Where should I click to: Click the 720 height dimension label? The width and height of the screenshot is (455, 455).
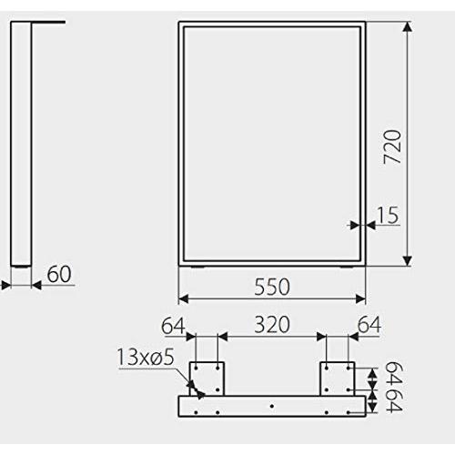393,147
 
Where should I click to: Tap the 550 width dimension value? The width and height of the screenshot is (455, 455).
272,287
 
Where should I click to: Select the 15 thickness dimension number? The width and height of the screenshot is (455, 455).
387,215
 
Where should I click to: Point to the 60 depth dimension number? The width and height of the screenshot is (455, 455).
59,274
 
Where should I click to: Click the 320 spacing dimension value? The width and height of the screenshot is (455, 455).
272,325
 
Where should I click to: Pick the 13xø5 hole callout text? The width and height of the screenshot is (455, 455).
146,357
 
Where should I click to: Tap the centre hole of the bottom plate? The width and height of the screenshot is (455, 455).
272,406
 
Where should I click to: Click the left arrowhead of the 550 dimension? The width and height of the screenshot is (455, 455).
184,298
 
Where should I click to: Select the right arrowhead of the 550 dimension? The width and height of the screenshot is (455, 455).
360,298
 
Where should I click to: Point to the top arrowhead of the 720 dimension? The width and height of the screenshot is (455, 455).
408,26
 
